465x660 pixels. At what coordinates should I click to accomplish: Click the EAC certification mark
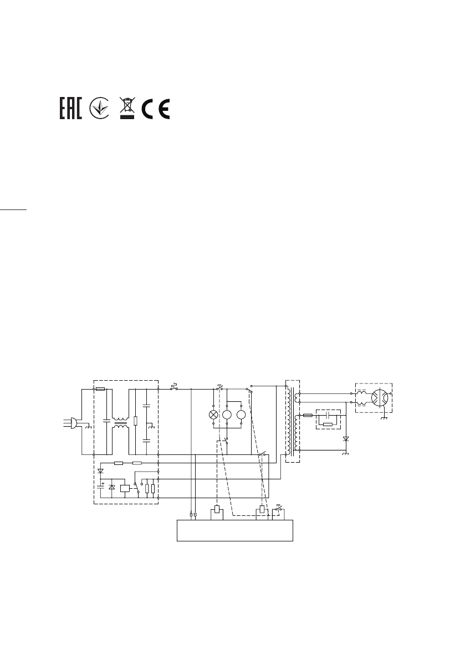tap(71, 109)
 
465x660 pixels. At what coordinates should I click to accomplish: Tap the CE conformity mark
tap(156, 109)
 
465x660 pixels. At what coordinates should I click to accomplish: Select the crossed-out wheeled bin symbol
tap(127, 108)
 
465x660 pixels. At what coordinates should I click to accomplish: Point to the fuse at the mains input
tap(100, 390)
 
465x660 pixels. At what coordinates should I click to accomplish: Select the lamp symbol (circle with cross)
tap(213, 415)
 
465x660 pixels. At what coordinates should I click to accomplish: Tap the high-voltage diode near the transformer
tap(346, 439)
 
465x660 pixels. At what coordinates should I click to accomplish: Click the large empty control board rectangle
tap(235, 530)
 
